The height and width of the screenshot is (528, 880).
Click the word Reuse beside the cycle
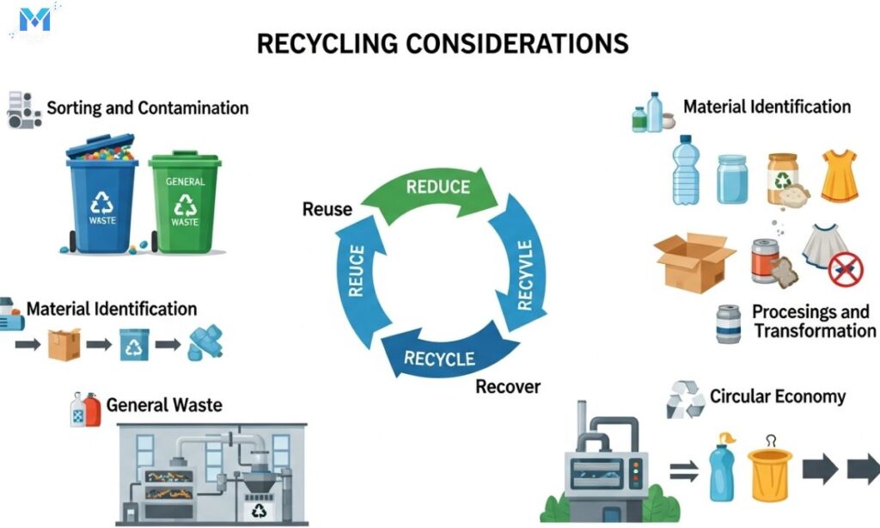(327, 209)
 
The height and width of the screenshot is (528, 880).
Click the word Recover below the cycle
(508, 386)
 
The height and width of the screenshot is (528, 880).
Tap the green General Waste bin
(184, 203)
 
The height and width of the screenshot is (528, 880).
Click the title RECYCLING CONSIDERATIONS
(443, 44)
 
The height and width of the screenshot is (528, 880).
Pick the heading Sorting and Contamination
(147, 108)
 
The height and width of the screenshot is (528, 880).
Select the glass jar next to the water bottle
(731, 180)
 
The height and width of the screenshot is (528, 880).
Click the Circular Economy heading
(777, 396)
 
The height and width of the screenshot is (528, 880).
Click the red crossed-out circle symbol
(846, 269)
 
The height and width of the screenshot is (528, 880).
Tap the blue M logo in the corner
(35, 18)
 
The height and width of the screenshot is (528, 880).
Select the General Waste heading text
(164, 404)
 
